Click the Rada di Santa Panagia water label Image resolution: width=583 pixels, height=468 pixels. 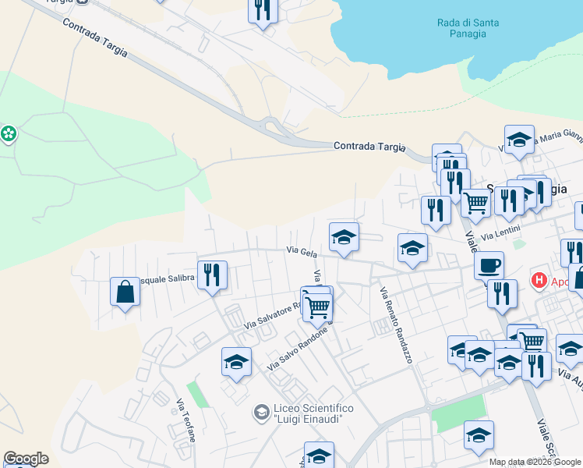pyautogui.click(x=468, y=29)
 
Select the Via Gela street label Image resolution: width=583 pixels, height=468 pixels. pyautogui.click(x=301, y=251)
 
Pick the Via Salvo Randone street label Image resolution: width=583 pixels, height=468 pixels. pyautogui.click(x=296, y=349)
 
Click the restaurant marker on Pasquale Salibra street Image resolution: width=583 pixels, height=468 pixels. pyautogui.click(x=212, y=274)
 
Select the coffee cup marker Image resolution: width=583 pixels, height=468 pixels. pyautogui.click(x=489, y=264)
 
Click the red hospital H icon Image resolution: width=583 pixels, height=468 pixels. pyautogui.click(x=538, y=279)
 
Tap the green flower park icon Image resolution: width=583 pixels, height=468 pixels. pyautogui.click(x=9, y=134)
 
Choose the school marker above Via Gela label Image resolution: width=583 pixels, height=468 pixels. pyautogui.click(x=344, y=237)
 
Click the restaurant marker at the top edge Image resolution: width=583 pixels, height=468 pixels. pyautogui.click(x=263, y=9)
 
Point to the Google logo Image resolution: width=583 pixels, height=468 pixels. pyautogui.click(x=26, y=459)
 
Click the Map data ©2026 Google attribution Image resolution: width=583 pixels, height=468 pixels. pyautogui.click(x=535, y=462)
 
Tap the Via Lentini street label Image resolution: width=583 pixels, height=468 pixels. pyautogui.click(x=499, y=235)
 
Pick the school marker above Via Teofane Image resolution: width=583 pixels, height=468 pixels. pyautogui.click(x=236, y=361)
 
